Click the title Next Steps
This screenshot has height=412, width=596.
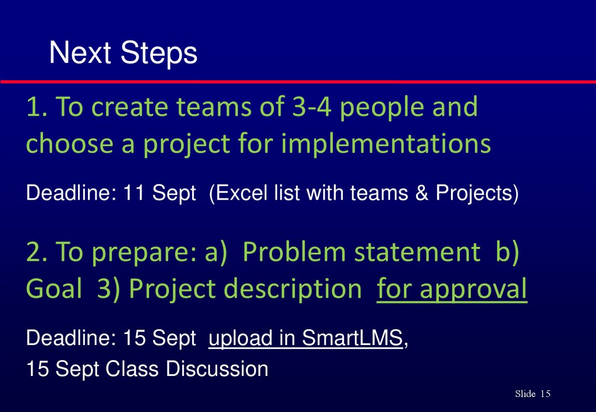[x=123, y=54]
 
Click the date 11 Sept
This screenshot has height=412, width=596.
[x=159, y=193]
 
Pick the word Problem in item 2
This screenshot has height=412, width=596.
[x=294, y=253]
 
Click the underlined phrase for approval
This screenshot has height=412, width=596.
[x=452, y=289]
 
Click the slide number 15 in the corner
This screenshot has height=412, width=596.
[x=545, y=395]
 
